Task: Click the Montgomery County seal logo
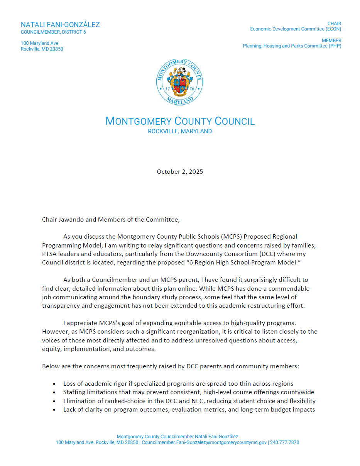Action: pyautogui.click(x=180, y=82)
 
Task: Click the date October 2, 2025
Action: pyautogui.click(x=180, y=172)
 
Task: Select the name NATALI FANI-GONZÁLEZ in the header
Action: pyautogui.click(x=60, y=25)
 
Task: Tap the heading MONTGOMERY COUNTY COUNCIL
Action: pyautogui.click(x=180, y=121)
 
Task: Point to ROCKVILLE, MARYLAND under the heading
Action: pyautogui.click(x=180, y=131)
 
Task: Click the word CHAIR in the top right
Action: pyautogui.click(x=334, y=24)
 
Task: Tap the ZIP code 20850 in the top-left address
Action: pyautogui.click(x=56, y=49)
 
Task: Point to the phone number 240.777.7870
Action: pyautogui.click(x=285, y=442)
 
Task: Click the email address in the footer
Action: pyautogui.click(x=204, y=442)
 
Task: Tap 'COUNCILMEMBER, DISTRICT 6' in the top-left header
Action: pyautogui.click(x=53, y=32)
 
